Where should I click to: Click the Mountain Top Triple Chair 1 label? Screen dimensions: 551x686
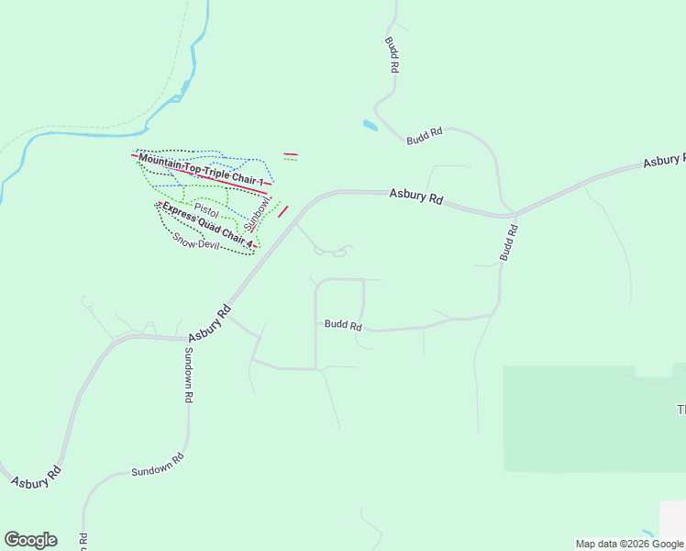pos(201,172)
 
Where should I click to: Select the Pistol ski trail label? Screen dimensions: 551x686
pos(206,210)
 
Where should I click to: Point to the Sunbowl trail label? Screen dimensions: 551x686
pos(259,213)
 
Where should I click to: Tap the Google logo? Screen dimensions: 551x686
pos(30,540)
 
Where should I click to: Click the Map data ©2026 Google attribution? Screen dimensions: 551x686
pos(630,544)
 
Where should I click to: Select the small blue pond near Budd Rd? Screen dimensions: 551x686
pos(370,125)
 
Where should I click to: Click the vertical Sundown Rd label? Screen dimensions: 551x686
pos(189,376)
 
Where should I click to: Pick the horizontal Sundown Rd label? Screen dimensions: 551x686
pos(158,464)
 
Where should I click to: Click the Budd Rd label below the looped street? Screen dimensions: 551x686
pos(343,325)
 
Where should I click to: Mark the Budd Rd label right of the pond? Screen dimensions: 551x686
pos(425,135)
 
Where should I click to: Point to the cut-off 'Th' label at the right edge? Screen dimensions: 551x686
pos(680,409)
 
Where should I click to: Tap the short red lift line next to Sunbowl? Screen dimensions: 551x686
pos(283,210)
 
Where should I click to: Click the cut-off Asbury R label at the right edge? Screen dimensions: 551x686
pos(664,161)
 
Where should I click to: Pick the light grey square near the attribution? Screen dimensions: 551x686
pos(672,517)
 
